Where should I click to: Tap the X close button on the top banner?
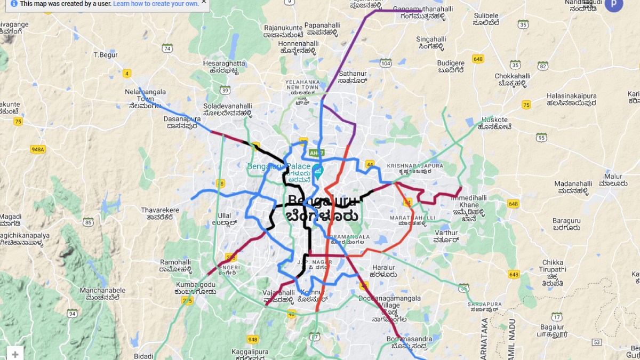pos(204,2)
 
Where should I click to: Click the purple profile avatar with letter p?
pos(613,4)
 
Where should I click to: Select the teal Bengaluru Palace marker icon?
pos(318,172)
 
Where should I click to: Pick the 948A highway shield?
pos(37,150)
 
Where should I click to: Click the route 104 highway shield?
pos(386,63)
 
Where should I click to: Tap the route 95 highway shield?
pos(541,138)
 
